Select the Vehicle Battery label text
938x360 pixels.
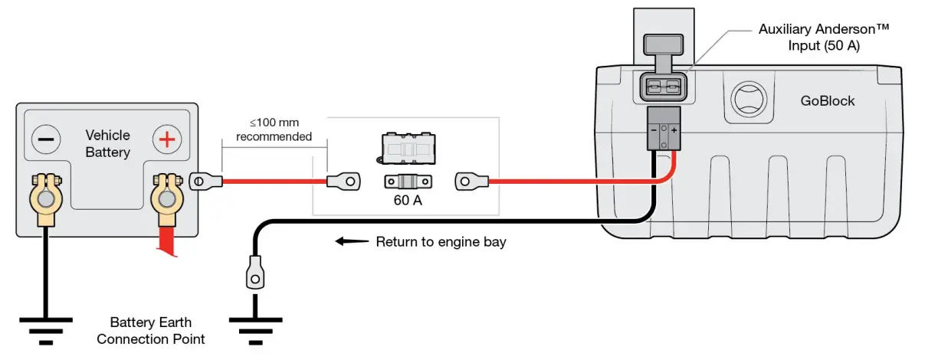point(107,143)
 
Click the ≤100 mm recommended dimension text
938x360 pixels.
point(274,129)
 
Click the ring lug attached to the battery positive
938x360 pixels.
point(204,182)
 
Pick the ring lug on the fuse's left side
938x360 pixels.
point(344,182)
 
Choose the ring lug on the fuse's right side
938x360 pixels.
point(471,182)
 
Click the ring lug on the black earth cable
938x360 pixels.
point(254,276)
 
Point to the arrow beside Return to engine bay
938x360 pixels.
point(349,242)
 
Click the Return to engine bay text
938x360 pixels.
point(441,242)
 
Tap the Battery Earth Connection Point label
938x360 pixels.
point(151,330)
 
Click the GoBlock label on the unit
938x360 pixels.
point(827,100)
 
